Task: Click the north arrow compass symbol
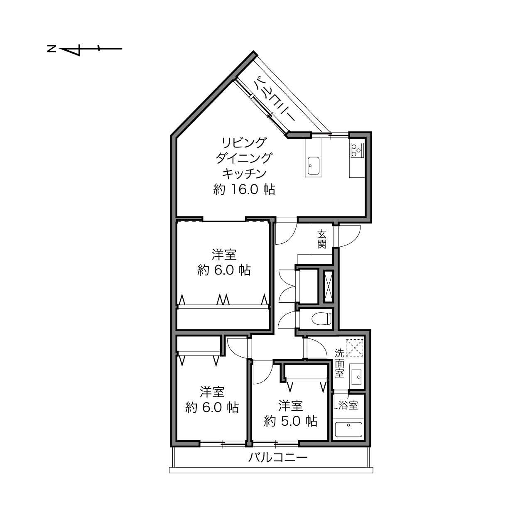point(84,49)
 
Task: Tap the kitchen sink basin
point(313,166)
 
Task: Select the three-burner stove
point(357,150)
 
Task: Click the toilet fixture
point(321,319)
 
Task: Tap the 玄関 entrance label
point(321,239)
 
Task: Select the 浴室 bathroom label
point(348,405)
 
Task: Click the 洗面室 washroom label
point(339,363)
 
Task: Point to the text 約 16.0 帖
point(244,189)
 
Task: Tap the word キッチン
point(244,174)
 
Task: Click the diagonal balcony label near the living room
point(275,99)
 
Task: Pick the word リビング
point(244,142)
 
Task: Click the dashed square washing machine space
point(354,348)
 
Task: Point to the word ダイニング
point(244,158)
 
